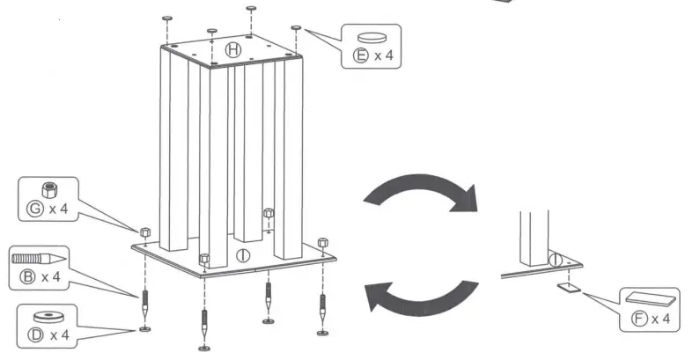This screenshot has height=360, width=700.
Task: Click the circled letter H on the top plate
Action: point(232,49)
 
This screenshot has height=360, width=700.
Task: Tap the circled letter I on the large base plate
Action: point(244,256)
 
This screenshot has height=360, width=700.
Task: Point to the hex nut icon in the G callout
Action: point(50,189)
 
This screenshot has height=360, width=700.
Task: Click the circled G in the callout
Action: point(36,209)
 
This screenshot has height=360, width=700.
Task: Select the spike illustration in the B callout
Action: point(39,259)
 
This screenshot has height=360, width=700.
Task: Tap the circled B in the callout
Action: point(27,278)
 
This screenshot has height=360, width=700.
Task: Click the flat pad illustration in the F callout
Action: point(650,299)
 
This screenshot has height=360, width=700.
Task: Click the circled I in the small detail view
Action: point(556,260)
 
